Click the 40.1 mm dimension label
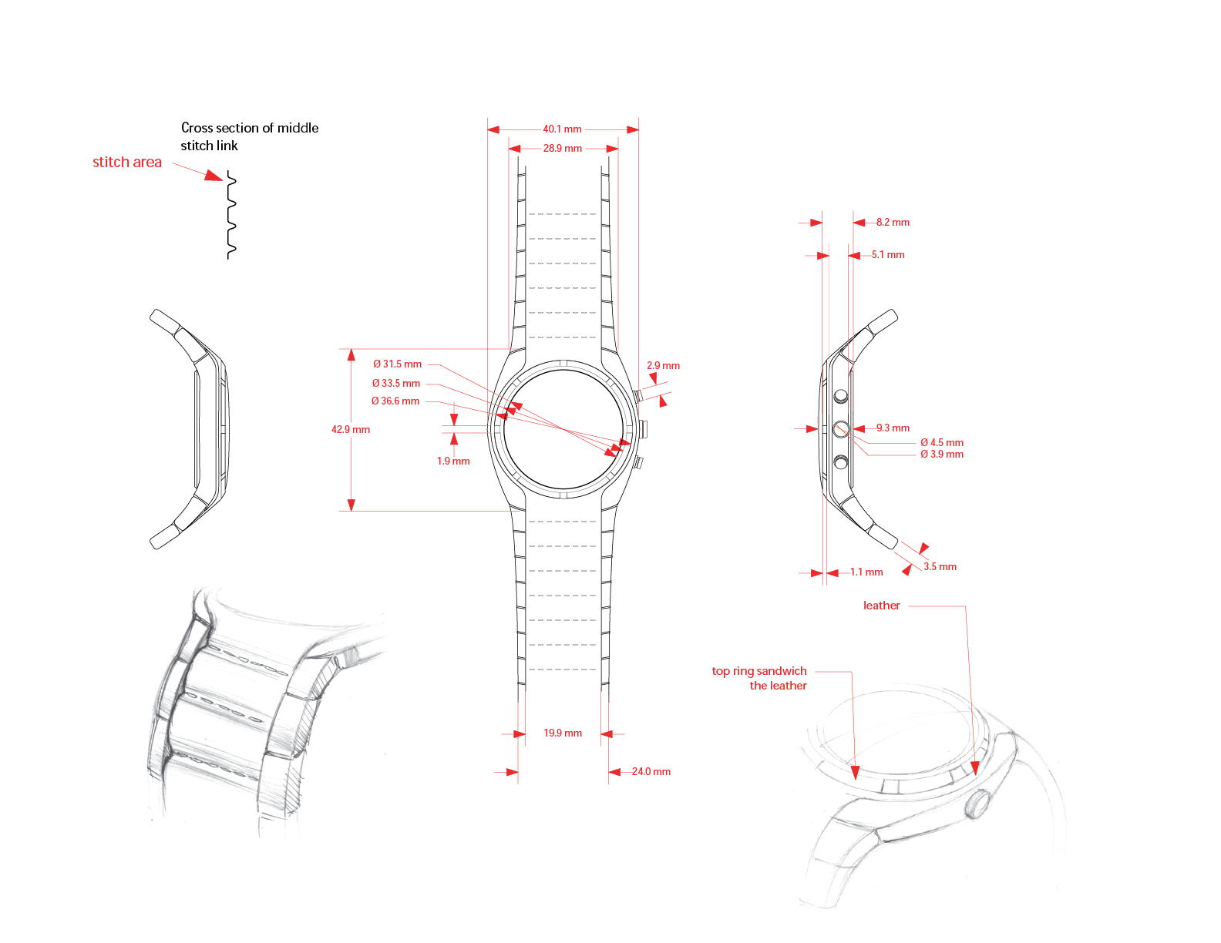562,129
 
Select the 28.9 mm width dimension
562,148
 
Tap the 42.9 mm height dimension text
351,429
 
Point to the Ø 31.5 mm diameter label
398,364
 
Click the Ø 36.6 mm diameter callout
395,401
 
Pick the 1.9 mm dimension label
453,461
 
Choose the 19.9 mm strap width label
563,733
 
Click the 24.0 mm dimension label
651,772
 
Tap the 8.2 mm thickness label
893,223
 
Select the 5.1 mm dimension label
888,255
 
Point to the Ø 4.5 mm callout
942,443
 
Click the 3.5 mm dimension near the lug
940,567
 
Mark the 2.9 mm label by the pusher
663,366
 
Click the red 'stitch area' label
127,163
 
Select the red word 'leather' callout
882,606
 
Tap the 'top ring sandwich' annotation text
759,671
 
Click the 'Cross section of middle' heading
250,128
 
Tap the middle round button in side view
841,429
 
